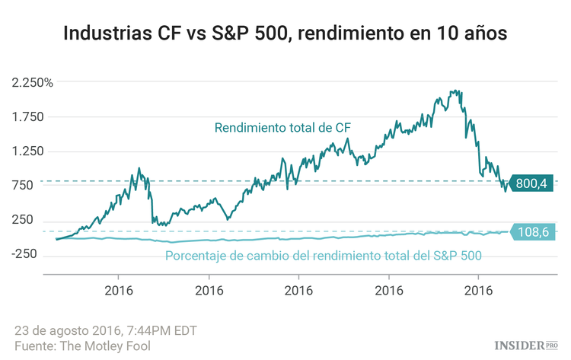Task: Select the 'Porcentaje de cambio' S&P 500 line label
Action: [324, 255]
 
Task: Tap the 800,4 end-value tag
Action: [531, 183]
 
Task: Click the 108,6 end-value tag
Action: [531, 231]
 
